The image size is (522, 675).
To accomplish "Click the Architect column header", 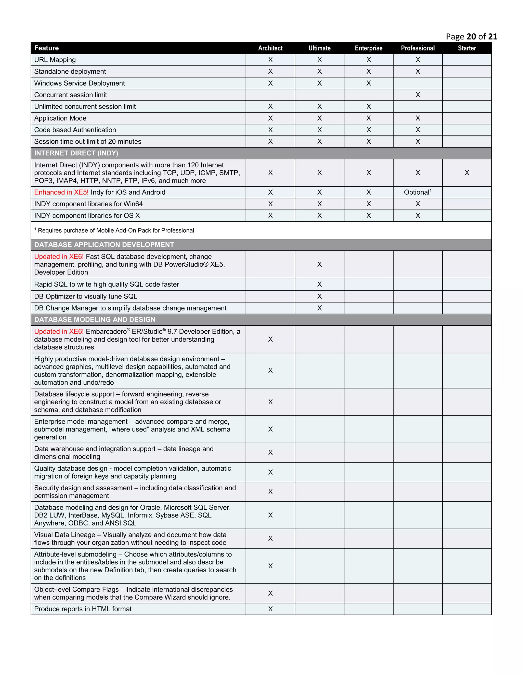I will [270, 48].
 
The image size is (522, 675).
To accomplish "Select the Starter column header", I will [467, 48].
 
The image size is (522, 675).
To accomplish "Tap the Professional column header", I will [417, 48].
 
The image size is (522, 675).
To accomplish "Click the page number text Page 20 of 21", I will [471, 37].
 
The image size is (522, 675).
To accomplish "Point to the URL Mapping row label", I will [55, 60].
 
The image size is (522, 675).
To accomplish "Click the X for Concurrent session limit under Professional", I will [417, 95].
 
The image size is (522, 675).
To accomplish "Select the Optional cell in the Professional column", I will [417, 192].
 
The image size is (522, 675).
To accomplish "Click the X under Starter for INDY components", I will [467, 173].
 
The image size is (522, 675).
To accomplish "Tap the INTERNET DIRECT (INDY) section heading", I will [76, 153].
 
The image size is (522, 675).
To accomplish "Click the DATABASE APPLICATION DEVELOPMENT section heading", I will [104, 245].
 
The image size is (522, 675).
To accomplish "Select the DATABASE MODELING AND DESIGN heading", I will [95, 320].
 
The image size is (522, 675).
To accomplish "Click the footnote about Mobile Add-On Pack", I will [114, 231].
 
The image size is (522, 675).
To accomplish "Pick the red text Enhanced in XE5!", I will [61, 192].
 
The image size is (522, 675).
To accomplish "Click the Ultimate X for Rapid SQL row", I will [319, 284].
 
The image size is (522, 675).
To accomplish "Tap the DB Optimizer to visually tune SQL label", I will [86, 296].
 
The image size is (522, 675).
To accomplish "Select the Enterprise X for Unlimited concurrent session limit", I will [368, 107].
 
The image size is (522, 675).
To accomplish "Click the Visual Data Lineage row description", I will [130, 539].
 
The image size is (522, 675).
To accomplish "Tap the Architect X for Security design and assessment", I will [270, 492].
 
